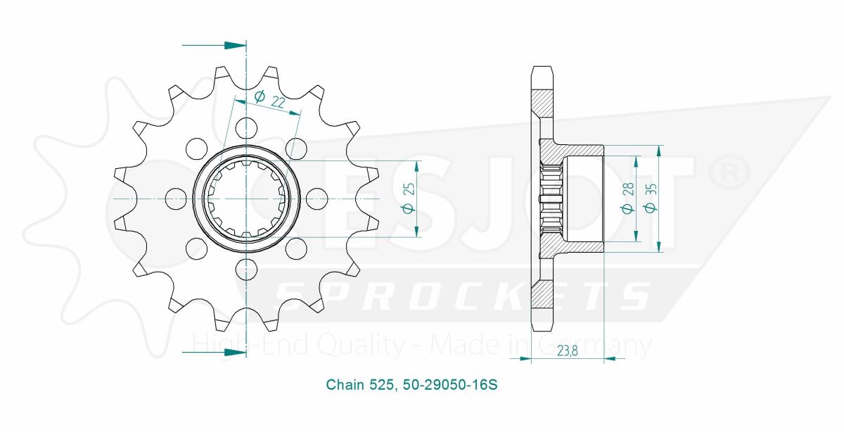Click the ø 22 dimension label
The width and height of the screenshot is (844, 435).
[269, 100]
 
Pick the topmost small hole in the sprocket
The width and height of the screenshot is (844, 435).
[246, 128]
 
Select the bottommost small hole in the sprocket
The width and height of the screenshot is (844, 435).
[246, 268]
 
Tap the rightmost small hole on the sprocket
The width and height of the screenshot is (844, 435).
[317, 198]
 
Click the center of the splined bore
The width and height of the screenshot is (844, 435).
[246, 198]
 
